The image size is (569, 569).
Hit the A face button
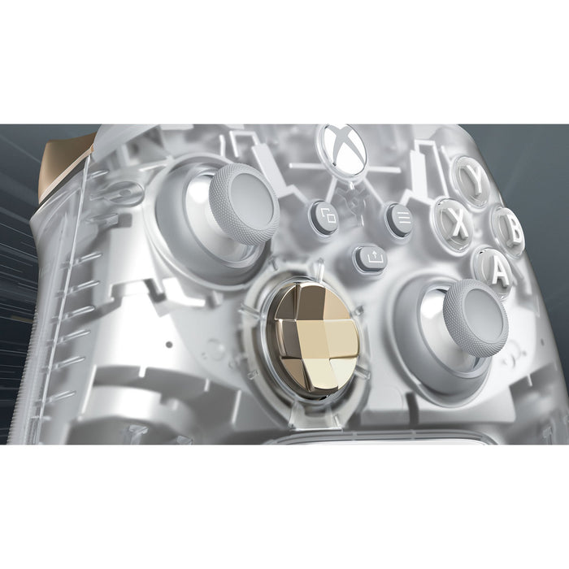(493, 270)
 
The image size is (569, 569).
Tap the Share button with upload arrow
(371, 257)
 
